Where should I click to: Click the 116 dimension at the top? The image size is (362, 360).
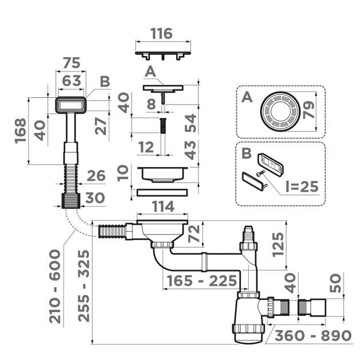click(162, 34)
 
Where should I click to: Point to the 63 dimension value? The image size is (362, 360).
click(70, 81)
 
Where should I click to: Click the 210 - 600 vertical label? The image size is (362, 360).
click(55, 286)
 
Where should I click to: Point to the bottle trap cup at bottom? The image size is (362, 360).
click(246, 332)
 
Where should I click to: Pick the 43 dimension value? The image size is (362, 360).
click(190, 149)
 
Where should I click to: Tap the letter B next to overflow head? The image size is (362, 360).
click(104, 82)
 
